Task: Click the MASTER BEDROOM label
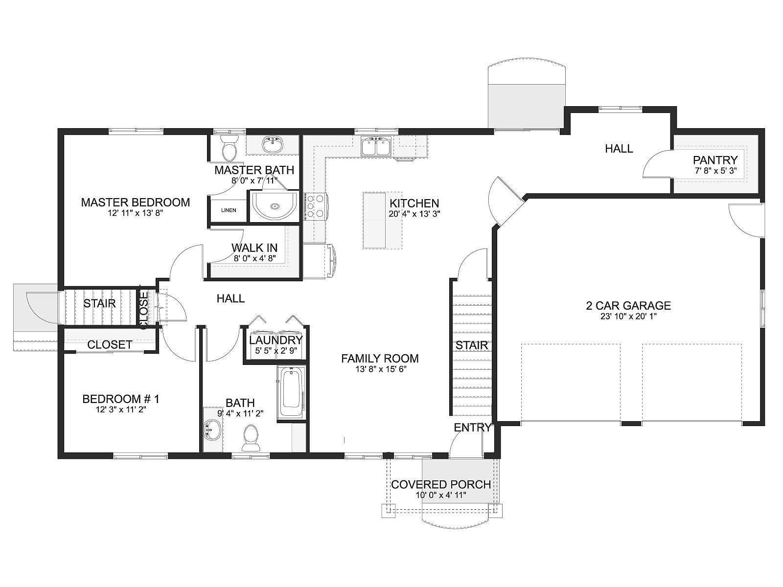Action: (x=135, y=203)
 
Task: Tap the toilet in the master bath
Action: (x=229, y=148)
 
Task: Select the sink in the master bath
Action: (x=273, y=145)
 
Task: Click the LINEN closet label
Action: (x=229, y=210)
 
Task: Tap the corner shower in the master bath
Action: (x=275, y=205)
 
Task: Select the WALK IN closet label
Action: (x=254, y=248)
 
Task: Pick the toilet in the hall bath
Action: (x=251, y=438)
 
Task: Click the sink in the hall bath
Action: (x=212, y=430)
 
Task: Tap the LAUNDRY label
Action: (x=276, y=340)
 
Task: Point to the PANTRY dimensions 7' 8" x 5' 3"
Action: (x=715, y=171)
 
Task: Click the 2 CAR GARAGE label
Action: (x=628, y=305)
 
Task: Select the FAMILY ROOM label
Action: (x=380, y=358)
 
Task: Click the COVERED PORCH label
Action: (x=441, y=484)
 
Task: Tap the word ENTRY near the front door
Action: (x=473, y=428)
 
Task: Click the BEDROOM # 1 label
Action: (x=121, y=399)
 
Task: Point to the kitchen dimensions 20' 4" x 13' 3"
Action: (x=415, y=214)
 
